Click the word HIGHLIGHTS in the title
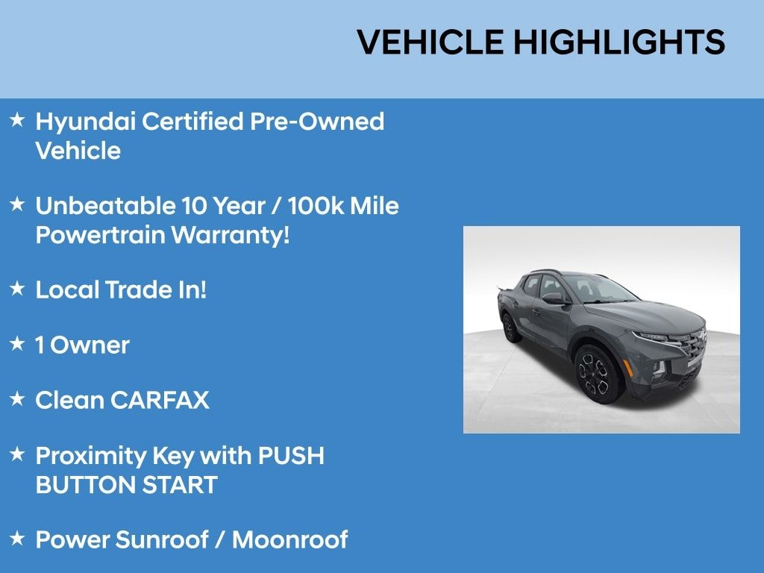click(619, 42)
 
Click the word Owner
click(94, 345)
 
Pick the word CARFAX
click(160, 401)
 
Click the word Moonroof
click(290, 539)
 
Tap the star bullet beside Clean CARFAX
click(17, 399)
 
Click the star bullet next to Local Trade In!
click(17, 289)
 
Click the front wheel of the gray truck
click(597, 372)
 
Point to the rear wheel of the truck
click(510, 326)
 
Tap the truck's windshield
click(596, 289)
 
